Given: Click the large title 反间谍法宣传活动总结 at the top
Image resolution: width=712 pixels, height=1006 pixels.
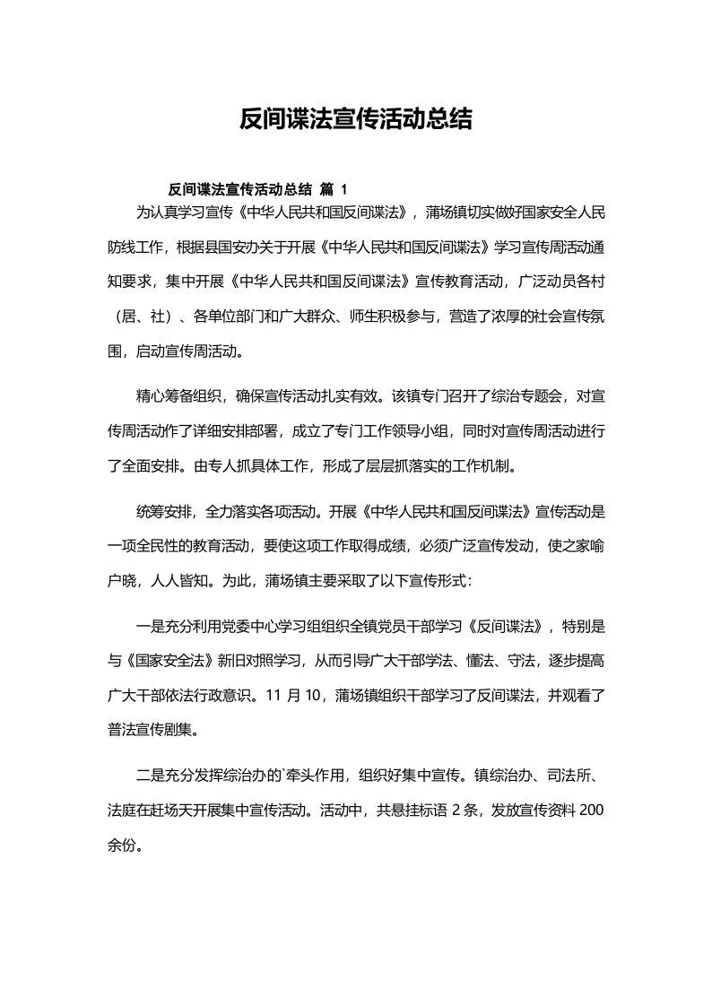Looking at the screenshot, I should (x=356, y=120).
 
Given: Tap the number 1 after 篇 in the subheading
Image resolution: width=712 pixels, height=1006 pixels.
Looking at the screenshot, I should (x=343, y=189).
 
